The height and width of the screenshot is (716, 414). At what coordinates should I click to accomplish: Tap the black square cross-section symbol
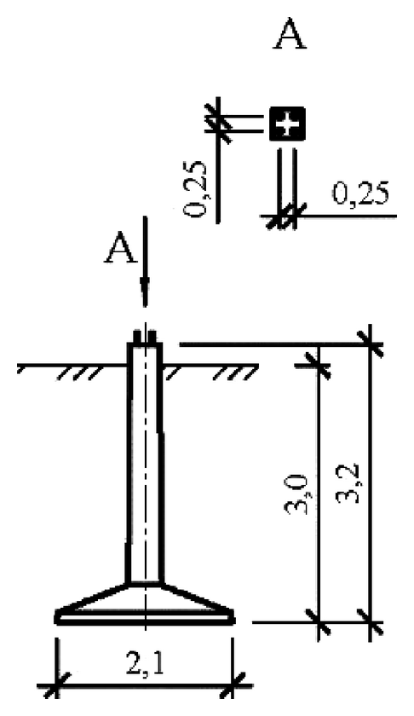click(288, 125)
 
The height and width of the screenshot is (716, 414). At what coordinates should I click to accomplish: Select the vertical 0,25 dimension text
click(197, 189)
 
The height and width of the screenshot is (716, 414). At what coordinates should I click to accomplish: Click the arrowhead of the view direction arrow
click(145, 294)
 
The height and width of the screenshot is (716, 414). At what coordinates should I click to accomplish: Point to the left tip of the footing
click(58, 615)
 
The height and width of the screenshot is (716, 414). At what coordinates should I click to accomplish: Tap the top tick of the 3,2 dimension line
click(370, 345)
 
